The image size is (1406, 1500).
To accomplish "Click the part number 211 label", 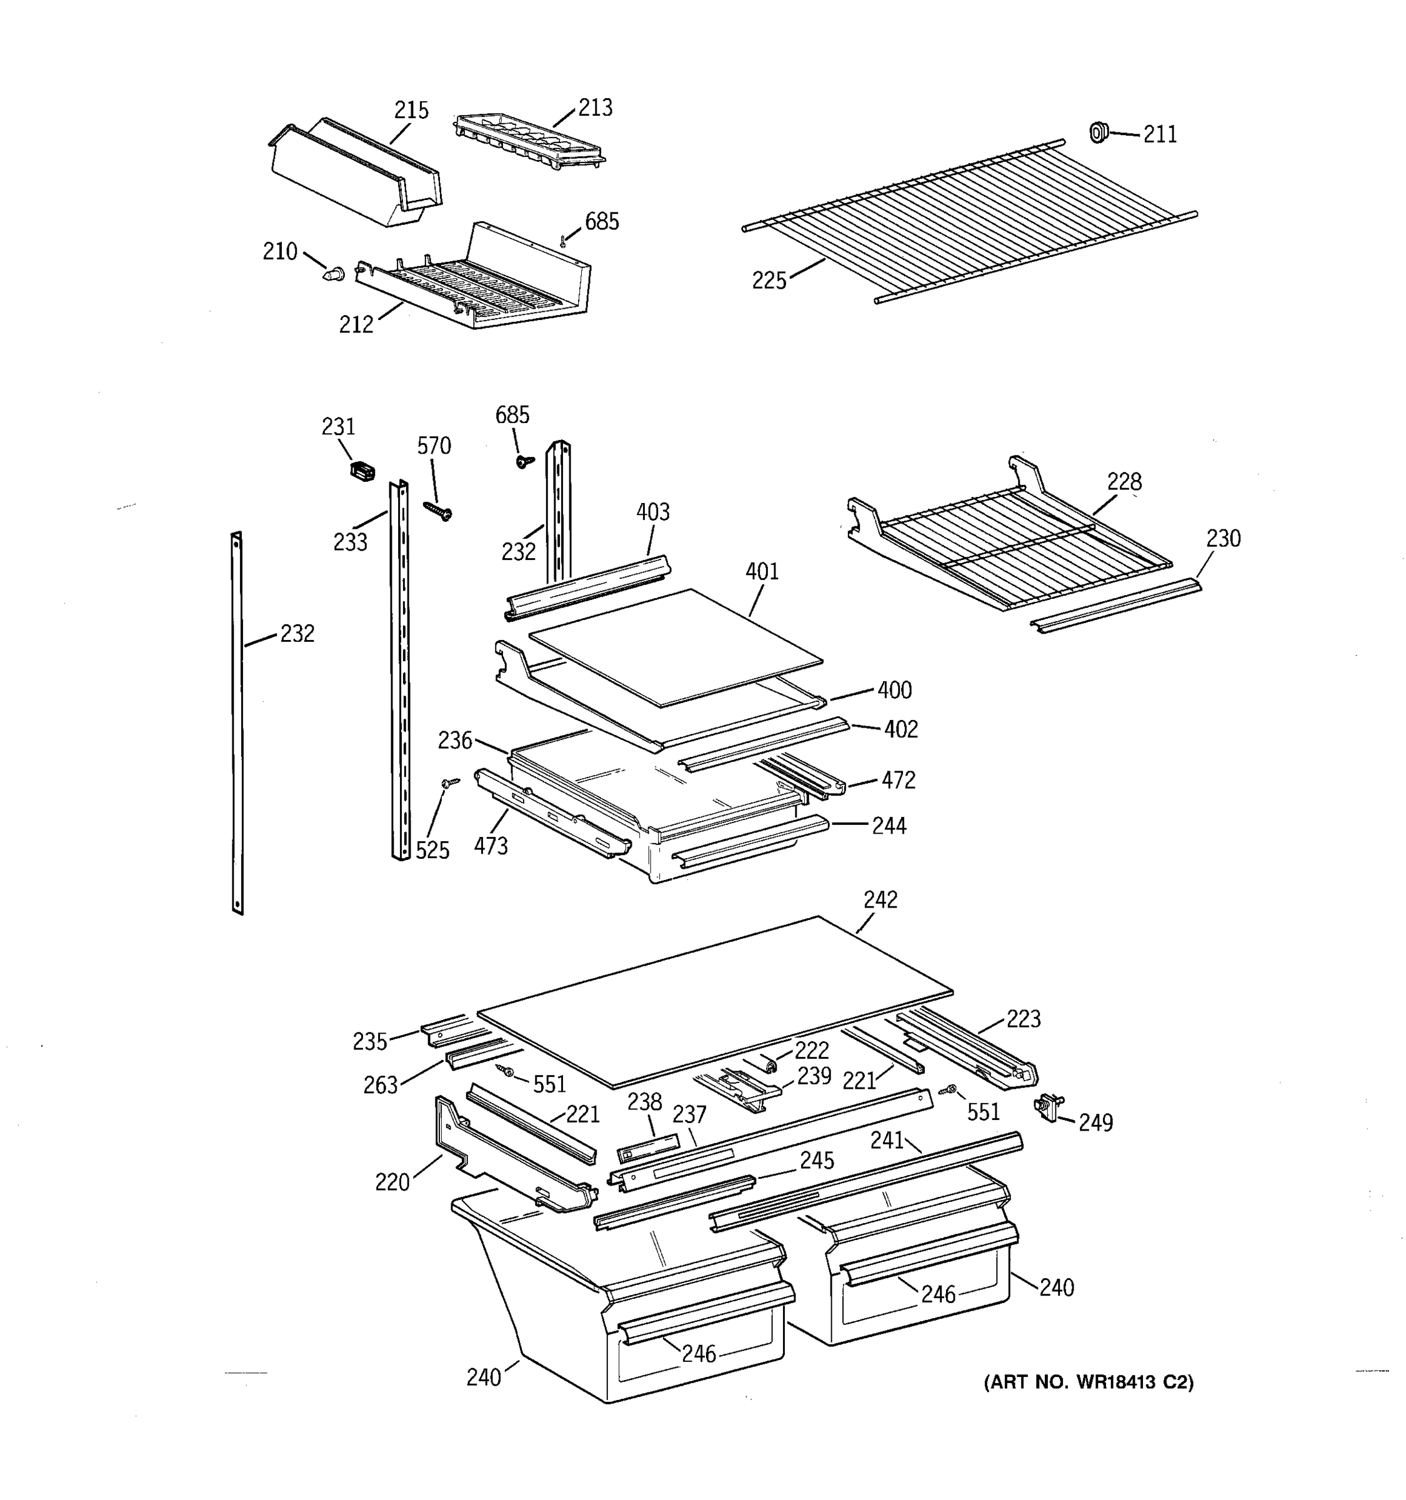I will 1159,134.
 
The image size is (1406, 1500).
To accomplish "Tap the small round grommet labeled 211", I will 1099,132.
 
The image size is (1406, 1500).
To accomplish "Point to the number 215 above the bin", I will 411,111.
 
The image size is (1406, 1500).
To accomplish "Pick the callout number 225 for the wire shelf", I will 769,281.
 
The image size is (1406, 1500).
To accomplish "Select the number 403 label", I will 652,512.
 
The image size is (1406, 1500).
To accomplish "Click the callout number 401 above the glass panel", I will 762,572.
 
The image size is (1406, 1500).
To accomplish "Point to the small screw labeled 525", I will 451,783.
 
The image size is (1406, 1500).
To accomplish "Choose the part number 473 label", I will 491,846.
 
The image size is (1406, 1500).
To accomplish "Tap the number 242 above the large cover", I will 880,900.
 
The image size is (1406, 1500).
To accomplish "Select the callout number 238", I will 644,1102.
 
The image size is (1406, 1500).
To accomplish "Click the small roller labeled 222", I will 769,1064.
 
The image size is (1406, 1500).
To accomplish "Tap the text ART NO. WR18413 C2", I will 1089,1382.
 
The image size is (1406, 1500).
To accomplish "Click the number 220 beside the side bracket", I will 392,1182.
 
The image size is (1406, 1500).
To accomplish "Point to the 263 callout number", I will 380,1085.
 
